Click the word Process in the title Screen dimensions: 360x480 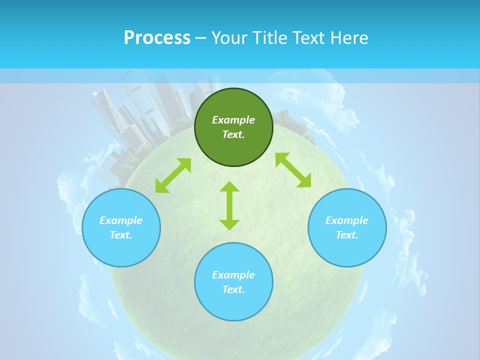coord(157,38)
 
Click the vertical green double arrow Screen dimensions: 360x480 coord(229,205)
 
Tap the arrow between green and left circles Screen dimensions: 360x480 coord(173,175)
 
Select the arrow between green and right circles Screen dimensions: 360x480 coord(293,170)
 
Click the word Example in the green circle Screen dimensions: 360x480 coord(233,120)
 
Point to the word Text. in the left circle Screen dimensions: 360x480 coord(121,235)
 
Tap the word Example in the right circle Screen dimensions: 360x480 coord(347,220)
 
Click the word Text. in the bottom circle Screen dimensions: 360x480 coord(233,289)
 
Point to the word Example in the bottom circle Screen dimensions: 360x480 coord(233,275)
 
